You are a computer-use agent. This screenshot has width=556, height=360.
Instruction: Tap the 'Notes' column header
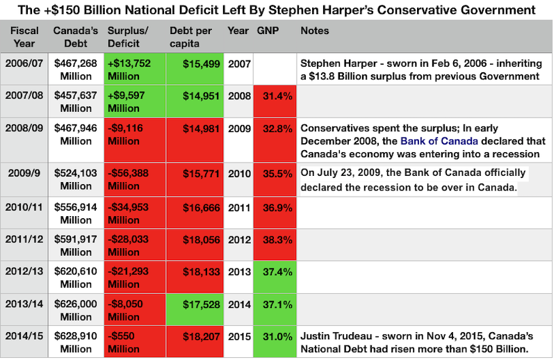click(315, 31)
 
